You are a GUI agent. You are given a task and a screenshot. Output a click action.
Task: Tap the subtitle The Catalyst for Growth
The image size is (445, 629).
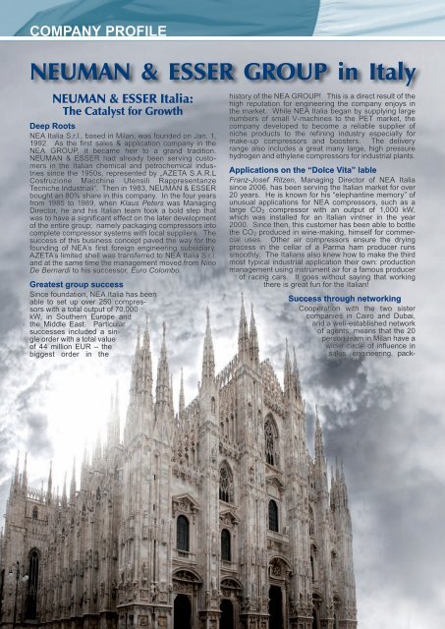(134, 112)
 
